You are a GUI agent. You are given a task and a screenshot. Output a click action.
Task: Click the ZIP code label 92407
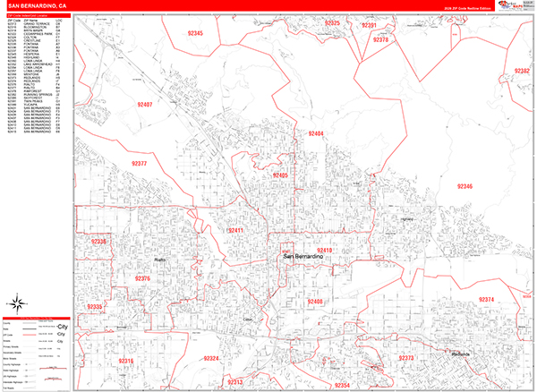coord(145,105)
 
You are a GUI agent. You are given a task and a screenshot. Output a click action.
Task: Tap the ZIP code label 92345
coord(194,33)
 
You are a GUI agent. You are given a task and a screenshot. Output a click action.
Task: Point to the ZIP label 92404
coord(315,133)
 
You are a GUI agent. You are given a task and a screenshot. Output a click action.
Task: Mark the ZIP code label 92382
coord(521,71)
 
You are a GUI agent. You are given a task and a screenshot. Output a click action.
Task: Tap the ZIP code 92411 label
coord(235,231)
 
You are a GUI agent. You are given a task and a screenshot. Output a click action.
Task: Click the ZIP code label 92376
coord(142,278)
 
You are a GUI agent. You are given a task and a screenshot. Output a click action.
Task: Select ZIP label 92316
coord(125,361)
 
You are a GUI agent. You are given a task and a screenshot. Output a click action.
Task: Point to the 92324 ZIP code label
coord(211,358)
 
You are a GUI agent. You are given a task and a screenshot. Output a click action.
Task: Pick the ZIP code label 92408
coord(314,302)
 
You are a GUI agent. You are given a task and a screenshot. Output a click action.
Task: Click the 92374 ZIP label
coord(486,299)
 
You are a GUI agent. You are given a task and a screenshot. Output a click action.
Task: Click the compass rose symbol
coord(18,301)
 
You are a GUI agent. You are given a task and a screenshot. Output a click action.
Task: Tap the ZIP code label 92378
coord(380,40)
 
